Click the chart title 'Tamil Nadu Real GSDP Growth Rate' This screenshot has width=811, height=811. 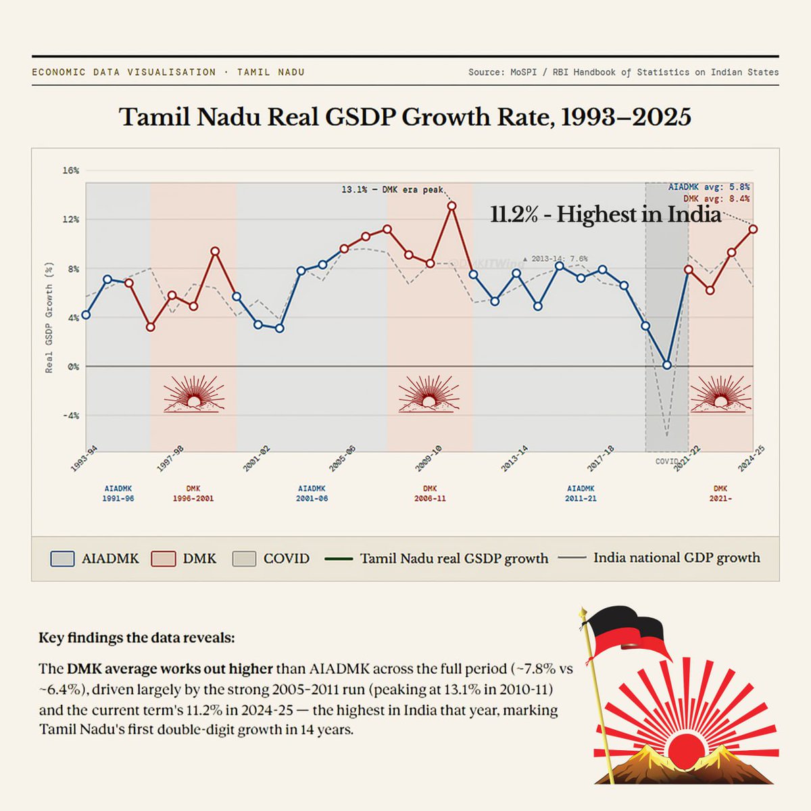coord(405,117)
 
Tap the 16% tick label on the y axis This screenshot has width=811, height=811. coord(71,170)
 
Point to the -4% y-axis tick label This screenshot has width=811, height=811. coord(71,416)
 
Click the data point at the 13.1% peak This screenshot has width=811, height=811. coord(452,205)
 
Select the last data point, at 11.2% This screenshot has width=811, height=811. coord(753,229)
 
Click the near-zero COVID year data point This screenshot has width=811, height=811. coord(667,365)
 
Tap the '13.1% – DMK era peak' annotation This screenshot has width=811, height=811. coord(392,190)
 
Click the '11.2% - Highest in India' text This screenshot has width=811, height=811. coord(606,214)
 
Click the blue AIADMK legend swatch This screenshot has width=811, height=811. coord(62,559)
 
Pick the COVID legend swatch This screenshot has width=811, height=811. coord(244,559)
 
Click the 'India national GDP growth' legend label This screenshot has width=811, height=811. coord(676,558)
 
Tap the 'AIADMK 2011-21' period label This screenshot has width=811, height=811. coord(581,493)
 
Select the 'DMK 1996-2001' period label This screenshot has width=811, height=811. coord(193,493)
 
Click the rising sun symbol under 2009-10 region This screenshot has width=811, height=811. coord(428,395)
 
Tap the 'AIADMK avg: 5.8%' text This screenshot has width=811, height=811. coord(708,187)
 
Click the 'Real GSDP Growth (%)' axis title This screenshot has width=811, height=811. coord(49,318)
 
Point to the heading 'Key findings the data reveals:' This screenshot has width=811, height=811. coord(137,637)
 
